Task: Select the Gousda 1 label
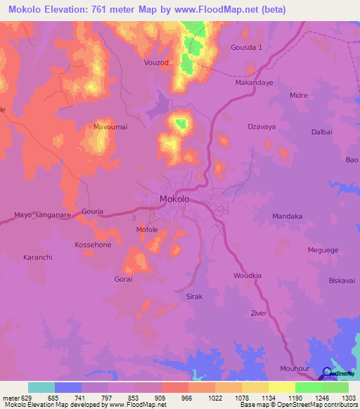(x=246, y=47)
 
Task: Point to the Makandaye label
(x=253, y=82)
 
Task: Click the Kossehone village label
(x=93, y=245)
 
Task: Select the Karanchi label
(x=38, y=258)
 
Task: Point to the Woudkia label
(x=247, y=275)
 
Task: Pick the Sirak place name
(x=194, y=297)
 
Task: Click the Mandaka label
(x=287, y=216)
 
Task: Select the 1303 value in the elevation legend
(x=349, y=396)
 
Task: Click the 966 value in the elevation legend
(x=188, y=396)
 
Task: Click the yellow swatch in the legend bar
(x=282, y=387)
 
